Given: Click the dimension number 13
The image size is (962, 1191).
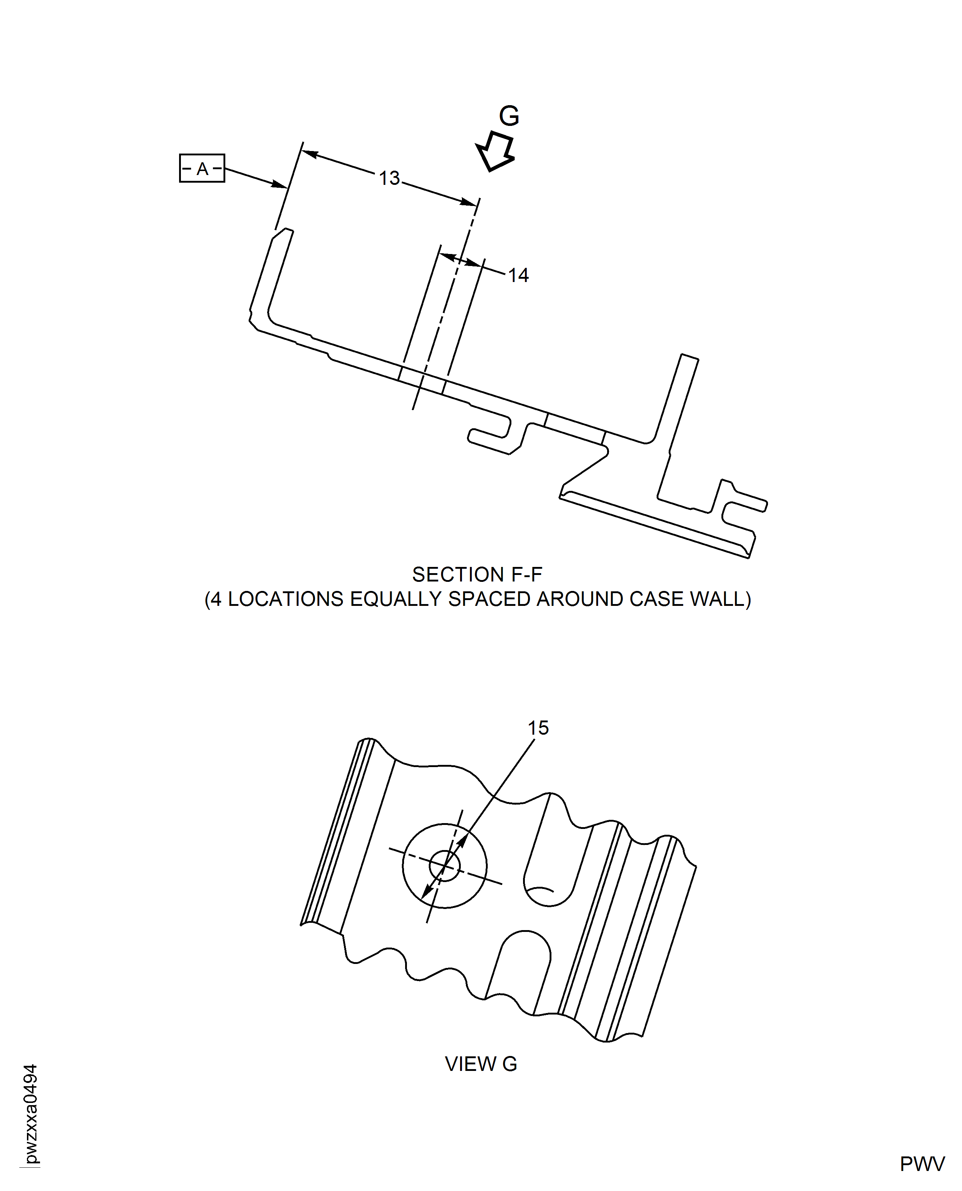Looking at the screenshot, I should [389, 178].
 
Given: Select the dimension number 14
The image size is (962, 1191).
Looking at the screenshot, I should [518, 275].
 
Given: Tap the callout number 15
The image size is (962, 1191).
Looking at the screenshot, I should [538, 728].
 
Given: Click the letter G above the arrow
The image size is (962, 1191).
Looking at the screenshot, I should [509, 116].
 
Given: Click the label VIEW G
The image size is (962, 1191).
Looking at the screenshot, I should [480, 1064].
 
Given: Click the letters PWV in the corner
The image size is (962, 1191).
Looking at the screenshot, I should [922, 1164].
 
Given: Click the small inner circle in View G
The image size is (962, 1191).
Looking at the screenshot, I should [444, 865].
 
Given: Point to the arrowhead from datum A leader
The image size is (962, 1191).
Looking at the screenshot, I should [280, 184].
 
